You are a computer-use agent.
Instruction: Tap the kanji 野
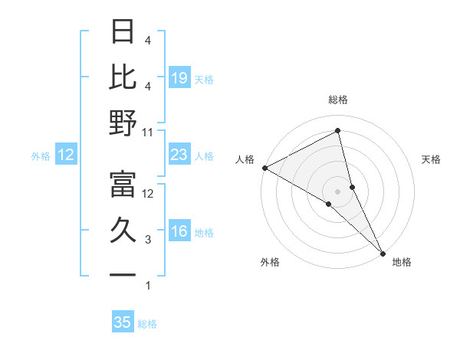pyautogui.click(x=123, y=123)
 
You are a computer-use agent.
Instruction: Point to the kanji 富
pyautogui.click(x=123, y=183)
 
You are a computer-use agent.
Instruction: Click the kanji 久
pyautogui.click(x=123, y=230)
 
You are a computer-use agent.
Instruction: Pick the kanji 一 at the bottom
pyautogui.click(x=123, y=275)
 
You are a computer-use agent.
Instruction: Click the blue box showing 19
pyautogui.click(x=179, y=77)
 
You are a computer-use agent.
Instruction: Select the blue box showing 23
pyautogui.click(x=179, y=155)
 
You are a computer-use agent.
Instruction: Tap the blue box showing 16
pyautogui.click(x=179, y=232)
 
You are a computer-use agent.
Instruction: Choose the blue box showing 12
pyautogui.click(x=66, y=155)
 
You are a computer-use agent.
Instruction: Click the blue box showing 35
pyautogui.click(x=123, y=322)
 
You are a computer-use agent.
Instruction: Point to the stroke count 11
pyautogui.click(x=149, y=132)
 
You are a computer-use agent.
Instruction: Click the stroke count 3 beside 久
pyautogui.click(x=149, y=240)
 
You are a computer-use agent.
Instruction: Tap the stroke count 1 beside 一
pyautogui.click(x=149, y=286)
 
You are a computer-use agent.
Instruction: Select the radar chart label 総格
pyautogui.click(x=338, y=100)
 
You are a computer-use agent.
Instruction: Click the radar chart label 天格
pyautogui.click(x=432, y=159)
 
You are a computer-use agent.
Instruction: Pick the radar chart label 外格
pyautogui.click(x=270, y=262)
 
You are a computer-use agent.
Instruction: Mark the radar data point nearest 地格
pyautogui.click(x=383, y=252)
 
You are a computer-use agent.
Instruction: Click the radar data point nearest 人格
pyautogui.click(x=264, y=168)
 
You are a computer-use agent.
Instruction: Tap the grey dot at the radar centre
pyautogui.click(x=338, y=191)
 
